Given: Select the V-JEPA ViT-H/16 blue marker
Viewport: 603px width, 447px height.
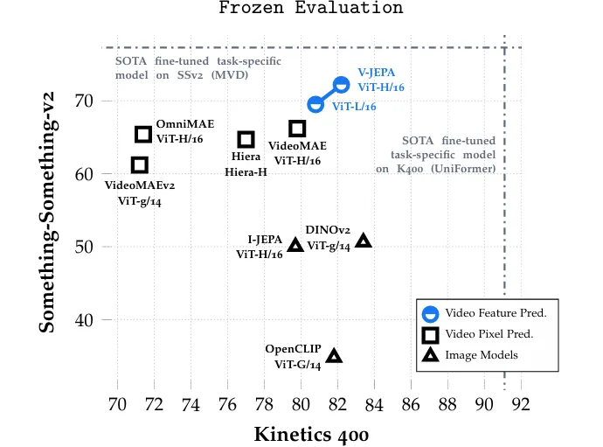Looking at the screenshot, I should click(x=341, y=85).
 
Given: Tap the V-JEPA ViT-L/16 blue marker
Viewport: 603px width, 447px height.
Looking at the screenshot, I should click(x=315, y=105).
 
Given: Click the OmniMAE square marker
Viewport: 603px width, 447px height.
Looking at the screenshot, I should click(x=143, y=134).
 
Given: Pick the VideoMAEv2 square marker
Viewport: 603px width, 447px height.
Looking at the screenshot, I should click(x=139, y=164).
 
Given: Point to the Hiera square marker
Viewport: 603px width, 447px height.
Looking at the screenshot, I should click(x=246, y=139).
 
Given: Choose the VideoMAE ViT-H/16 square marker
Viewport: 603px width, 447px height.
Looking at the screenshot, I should click(x=297, y=129).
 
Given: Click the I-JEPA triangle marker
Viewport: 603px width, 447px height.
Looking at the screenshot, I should click(x=295, y=245).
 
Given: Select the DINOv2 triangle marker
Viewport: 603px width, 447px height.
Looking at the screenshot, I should click(x=364, y=241).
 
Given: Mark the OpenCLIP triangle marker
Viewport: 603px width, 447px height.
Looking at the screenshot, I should click(x=334, y=355).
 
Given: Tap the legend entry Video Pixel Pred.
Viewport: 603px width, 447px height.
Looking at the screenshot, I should click(x=489, y=333).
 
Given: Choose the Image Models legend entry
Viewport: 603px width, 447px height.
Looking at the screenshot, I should click(x=482, y=354).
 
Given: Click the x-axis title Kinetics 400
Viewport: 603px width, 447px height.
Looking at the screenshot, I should click(x=311, y=434).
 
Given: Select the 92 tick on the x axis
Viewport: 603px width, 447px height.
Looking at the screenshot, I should click(x=521, y=404).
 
